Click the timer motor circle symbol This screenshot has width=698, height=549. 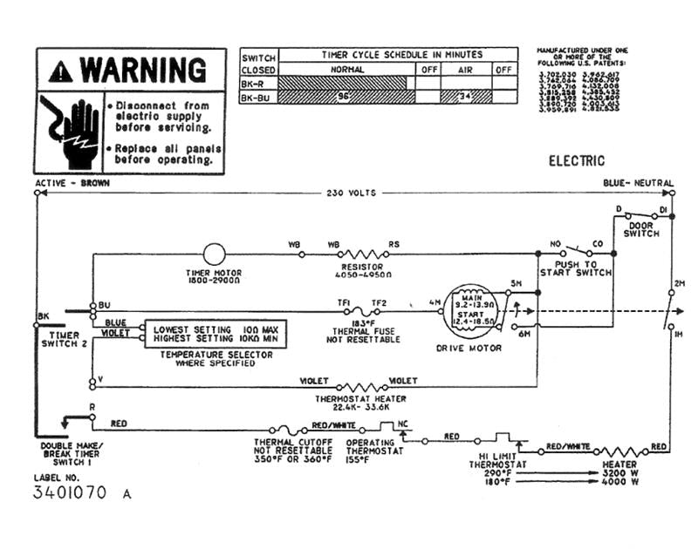(214, 254)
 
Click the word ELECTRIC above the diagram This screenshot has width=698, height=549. (576, 161)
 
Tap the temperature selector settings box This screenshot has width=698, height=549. (215, 334)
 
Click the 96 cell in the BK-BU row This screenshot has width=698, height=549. (343, 97)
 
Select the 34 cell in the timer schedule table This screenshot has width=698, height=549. (465, 97)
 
